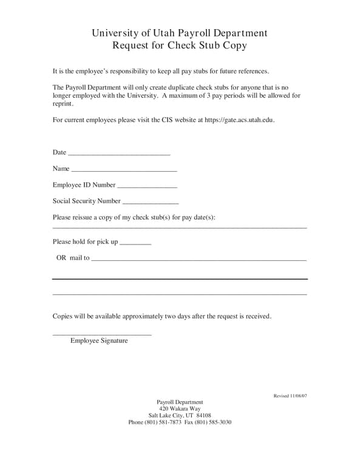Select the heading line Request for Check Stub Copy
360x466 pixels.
pos(180,46)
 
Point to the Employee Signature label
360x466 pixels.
pos(99,341)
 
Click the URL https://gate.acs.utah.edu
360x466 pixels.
pos(239,120)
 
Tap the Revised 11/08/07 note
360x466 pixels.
pos(290,396)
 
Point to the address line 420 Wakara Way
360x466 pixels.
pos(180,409)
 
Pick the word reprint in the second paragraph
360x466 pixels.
pos(63,104)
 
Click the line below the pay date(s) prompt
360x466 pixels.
pos(180,228)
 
